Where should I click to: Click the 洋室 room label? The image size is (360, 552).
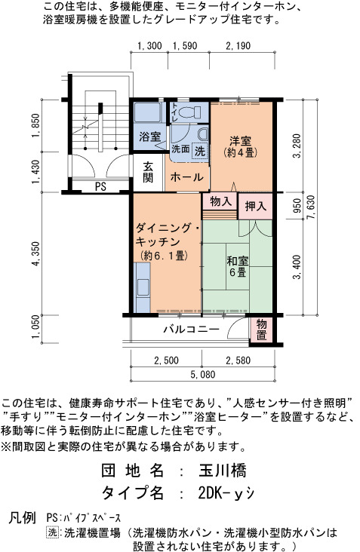coord(241,141)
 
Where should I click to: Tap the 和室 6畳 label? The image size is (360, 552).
coord(238,266)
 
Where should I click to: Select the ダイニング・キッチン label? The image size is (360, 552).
coord(168,235)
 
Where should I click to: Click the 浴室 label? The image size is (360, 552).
coord(149,137)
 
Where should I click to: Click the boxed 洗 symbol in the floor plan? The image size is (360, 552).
coord(200,152)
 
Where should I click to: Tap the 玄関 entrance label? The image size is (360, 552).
coord(148,172)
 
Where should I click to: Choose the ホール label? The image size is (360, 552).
coord(186,177)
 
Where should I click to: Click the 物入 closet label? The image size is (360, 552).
coord(220,201)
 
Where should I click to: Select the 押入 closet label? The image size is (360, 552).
coord(256,206)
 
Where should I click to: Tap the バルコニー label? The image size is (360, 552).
coord(191,330)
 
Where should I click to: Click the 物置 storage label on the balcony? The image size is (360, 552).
coord(261,330)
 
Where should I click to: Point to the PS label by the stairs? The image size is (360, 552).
coord(100,186)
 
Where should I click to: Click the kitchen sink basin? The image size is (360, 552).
coord(143,287)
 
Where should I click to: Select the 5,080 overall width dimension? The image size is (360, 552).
coord(202,374)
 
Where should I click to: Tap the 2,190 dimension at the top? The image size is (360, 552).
coord(238,46)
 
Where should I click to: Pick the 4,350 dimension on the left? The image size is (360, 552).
coord(36,253)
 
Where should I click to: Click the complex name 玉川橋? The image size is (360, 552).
coord(223,471)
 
